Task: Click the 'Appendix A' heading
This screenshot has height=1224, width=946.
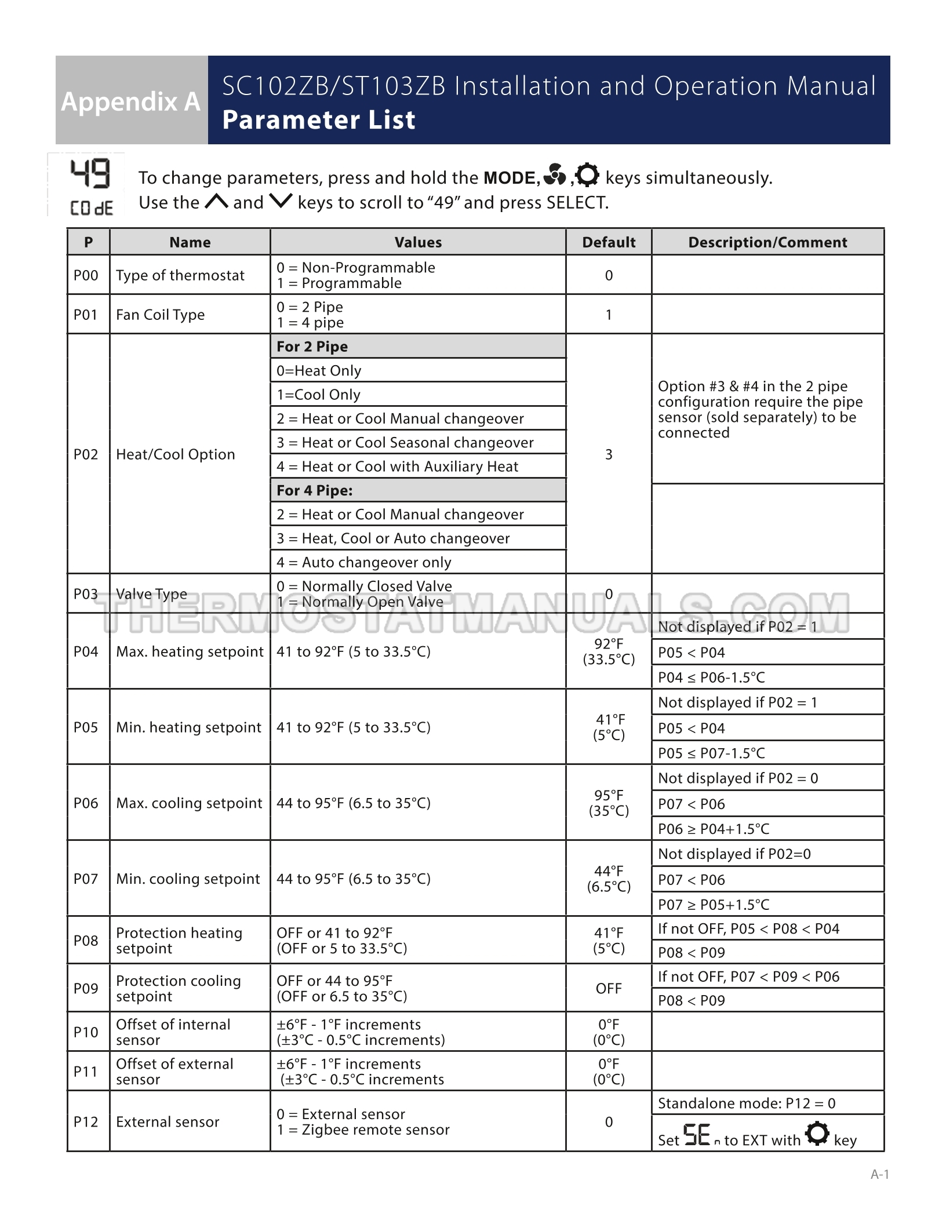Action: coord(131,101)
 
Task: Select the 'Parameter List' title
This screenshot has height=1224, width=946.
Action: coord(319,120)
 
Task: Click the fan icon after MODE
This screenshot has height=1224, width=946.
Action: coord(555,175)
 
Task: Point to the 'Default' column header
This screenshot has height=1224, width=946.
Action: coord(609,242)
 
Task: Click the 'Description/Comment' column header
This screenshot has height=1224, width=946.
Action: coord(767,242)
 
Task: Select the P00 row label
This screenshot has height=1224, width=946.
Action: coord(86,275)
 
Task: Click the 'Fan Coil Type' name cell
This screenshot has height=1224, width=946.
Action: coord(161,315)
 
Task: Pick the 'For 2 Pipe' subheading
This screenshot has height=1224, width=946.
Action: coord(312,347)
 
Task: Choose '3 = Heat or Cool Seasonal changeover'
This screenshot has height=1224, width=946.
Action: coord(405,443)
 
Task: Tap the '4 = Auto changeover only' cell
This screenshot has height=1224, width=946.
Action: coord(364,562)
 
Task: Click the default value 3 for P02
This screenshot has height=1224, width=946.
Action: coord(609,454)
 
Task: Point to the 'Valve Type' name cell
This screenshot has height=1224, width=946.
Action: coord(151,594)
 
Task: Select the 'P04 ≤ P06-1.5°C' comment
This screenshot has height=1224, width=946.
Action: coord(711,677)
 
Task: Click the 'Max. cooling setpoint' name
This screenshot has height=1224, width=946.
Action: coord(189,803)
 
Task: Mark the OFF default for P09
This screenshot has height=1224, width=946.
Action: coord(609,989)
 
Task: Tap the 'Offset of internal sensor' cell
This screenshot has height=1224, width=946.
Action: coord(173,1032)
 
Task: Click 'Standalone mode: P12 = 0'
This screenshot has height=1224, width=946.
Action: coord(747,1103)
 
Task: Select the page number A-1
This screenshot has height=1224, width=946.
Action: coord(879,1174)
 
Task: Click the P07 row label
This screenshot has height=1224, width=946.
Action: coord(86,879)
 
